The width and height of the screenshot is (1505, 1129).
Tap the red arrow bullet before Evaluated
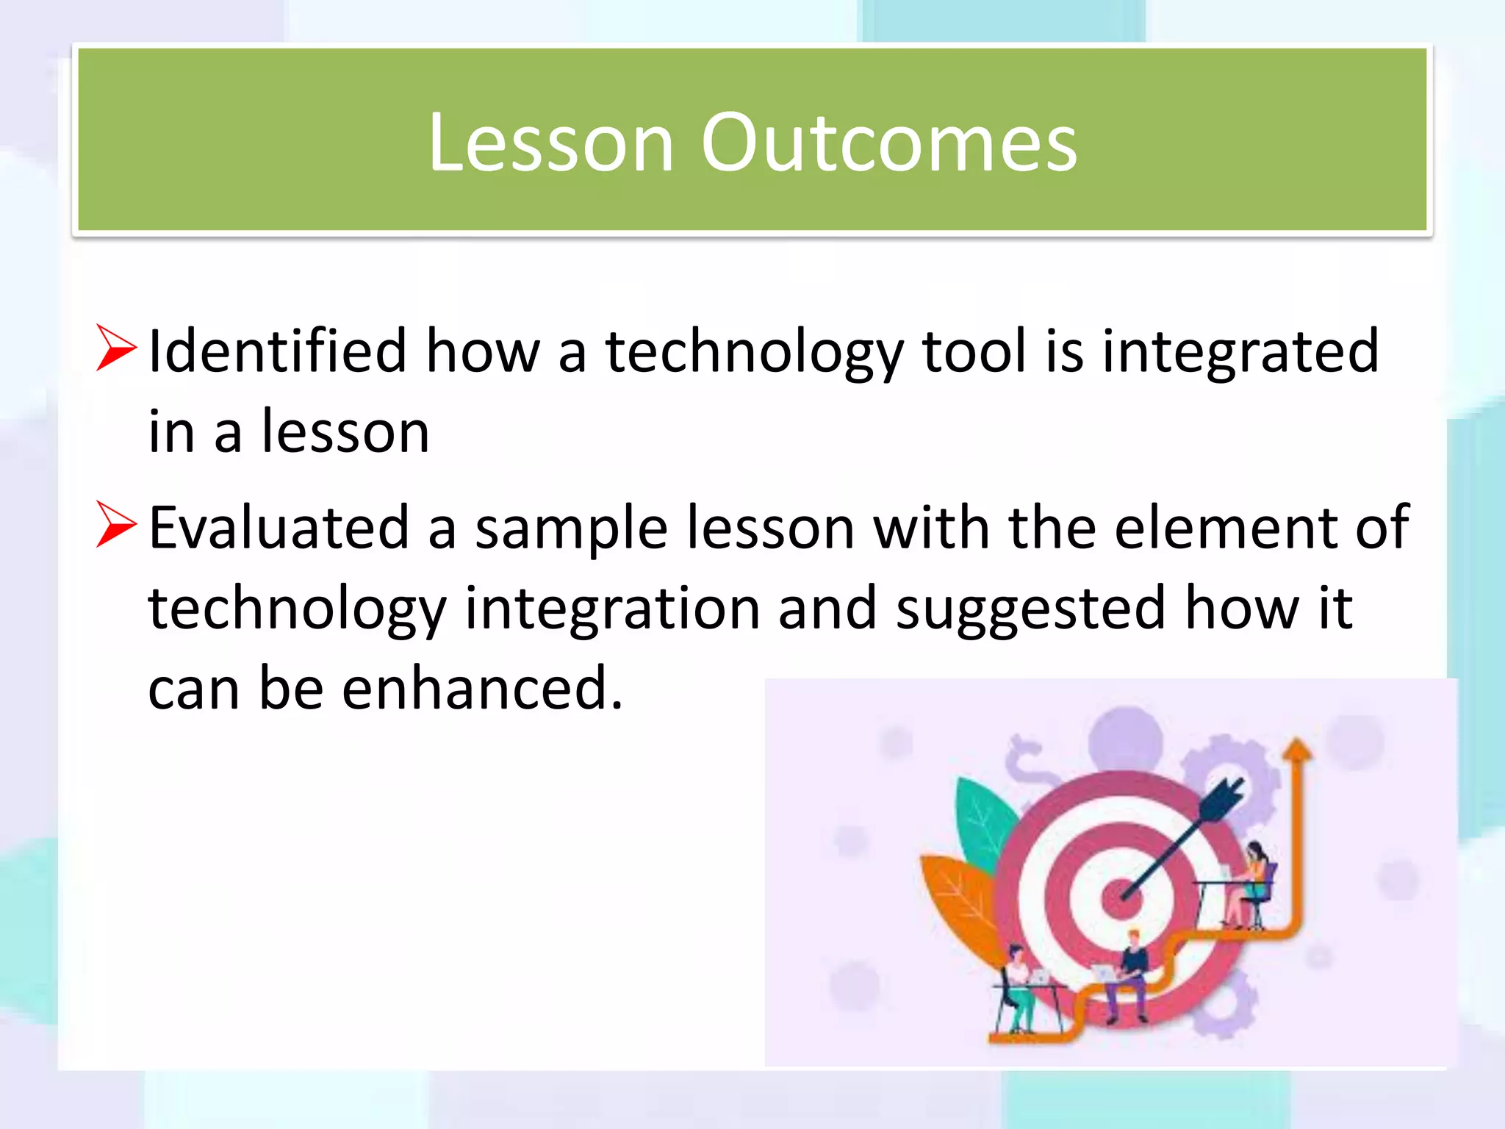(x=116, y=524)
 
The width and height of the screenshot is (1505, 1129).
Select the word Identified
(x=277, y=351)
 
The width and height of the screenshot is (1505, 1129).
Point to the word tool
(x=974, y=351)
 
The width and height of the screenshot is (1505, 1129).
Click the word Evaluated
(x=279, y=528)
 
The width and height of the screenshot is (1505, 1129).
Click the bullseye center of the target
(x=1121, y=897)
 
